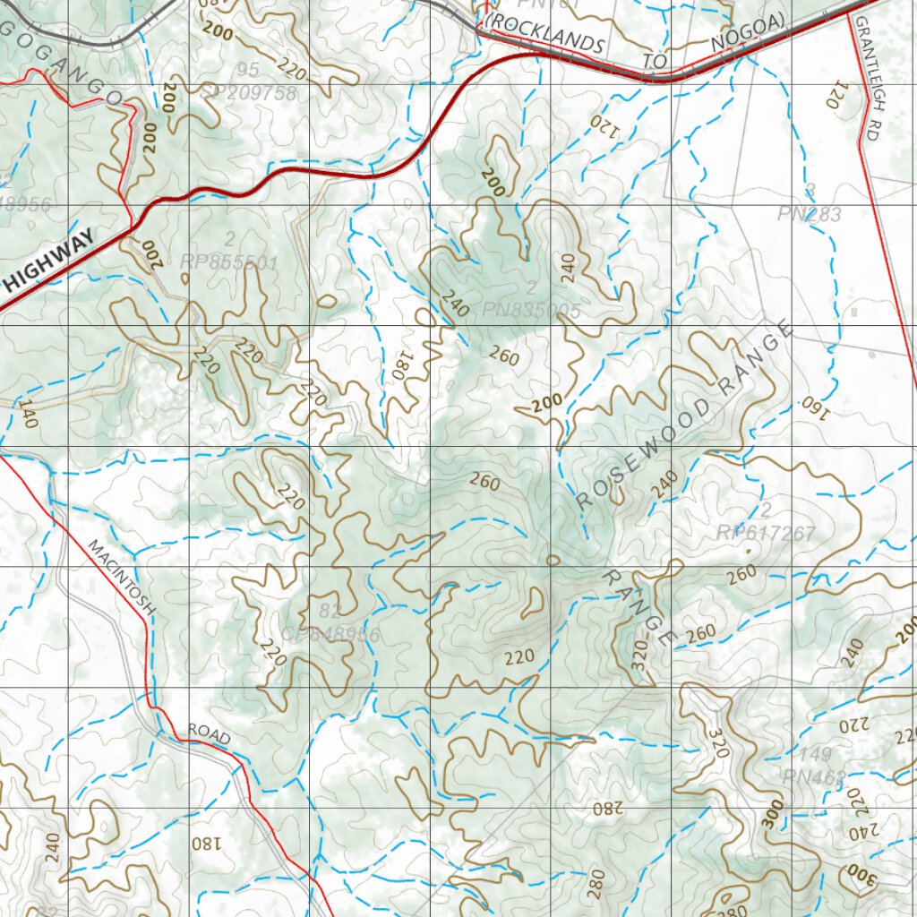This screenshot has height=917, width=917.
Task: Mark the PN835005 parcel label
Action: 532,311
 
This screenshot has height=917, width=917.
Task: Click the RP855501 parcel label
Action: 229,262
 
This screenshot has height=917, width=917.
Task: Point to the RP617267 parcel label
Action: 766,534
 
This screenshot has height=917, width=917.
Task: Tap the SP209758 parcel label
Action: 248,92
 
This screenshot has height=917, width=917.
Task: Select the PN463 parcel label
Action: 813,776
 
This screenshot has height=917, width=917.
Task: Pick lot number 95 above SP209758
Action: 249,70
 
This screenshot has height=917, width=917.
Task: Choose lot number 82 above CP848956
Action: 330,613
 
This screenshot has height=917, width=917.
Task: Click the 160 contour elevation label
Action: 810,403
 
